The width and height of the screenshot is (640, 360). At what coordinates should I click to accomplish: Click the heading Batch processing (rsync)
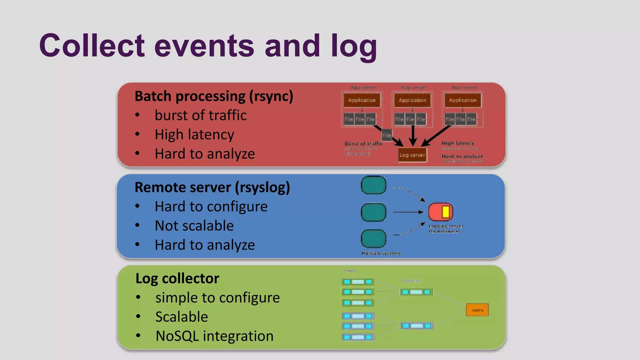click(x=214, y=96)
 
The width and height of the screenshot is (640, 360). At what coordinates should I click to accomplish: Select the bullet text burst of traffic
click(x=201, y=115)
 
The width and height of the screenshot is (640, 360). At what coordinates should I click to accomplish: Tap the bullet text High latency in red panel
click(x=194, y=135)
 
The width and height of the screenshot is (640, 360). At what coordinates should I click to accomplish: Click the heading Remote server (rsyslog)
click(x=212, y=187)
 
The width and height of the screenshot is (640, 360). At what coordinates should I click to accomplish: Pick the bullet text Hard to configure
click(x=211, y=207)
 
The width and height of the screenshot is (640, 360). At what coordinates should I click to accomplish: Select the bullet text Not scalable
click(x=194, y=226)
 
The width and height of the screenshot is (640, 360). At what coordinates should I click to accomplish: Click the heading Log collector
click(x=177, y=278)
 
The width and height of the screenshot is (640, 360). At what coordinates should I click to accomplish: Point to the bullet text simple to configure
click(x=217, y=297)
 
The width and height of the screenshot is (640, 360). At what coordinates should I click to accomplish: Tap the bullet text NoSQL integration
click(x=214, y=336)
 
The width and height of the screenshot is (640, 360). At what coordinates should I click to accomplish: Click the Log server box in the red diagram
click(x=412, y=155)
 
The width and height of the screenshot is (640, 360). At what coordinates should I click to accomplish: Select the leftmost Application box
click(x=362, y=100)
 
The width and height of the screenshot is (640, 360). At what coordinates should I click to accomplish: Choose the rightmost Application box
click(x=462, y=100)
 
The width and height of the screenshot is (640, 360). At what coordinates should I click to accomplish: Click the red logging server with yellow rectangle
click(x=440, y=212)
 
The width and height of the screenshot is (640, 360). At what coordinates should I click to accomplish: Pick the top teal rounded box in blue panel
click(x=373, y=185)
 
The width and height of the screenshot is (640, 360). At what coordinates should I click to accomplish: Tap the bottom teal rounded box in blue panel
click(x=373, y=238)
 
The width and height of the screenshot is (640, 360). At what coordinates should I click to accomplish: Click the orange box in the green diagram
click(x=477, y=310)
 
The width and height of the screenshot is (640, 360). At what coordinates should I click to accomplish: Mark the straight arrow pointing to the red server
click(x=408, y=212)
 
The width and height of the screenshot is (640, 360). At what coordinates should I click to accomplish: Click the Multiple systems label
click(x=381, y=253)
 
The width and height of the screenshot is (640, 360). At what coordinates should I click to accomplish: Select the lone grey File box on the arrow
click(x=387, y=135)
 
